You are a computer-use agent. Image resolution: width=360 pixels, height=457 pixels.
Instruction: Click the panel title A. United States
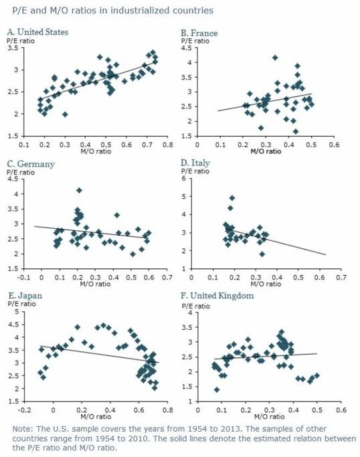pos(37,31)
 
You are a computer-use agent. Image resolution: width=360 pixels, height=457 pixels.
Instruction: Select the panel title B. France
pos(199,33)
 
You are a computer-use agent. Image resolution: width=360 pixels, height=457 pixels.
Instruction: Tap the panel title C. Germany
pos(31,164)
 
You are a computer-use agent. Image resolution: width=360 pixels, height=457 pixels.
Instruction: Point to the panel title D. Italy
pos(195,163)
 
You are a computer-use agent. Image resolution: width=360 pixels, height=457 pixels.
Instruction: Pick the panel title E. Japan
pos(25,296)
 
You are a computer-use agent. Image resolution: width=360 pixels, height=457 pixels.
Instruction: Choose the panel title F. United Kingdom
pos(217,296)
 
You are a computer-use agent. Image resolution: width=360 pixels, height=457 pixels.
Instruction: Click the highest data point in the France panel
pos(275,58)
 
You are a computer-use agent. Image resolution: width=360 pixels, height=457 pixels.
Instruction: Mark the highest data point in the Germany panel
pos(79,190)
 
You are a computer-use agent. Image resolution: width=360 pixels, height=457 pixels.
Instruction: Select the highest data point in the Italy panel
pos(232,198)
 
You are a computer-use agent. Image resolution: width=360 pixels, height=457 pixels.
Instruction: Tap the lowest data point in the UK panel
pos(217,389)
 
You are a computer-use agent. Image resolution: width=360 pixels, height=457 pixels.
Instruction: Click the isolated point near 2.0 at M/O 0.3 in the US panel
pos(65,114)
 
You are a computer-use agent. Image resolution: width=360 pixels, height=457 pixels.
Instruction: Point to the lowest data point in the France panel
pos(296,131)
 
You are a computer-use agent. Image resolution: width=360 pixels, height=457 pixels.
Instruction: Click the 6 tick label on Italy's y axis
pos(183,178)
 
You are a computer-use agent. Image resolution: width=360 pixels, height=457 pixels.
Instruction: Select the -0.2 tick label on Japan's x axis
pos(24,410)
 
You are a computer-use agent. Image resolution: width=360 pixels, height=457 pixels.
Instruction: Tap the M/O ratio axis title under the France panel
pos(266,151)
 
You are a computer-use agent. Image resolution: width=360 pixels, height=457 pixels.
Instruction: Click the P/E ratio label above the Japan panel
pos(21,304)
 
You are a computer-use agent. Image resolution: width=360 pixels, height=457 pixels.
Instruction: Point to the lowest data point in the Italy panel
pos(262,254)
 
